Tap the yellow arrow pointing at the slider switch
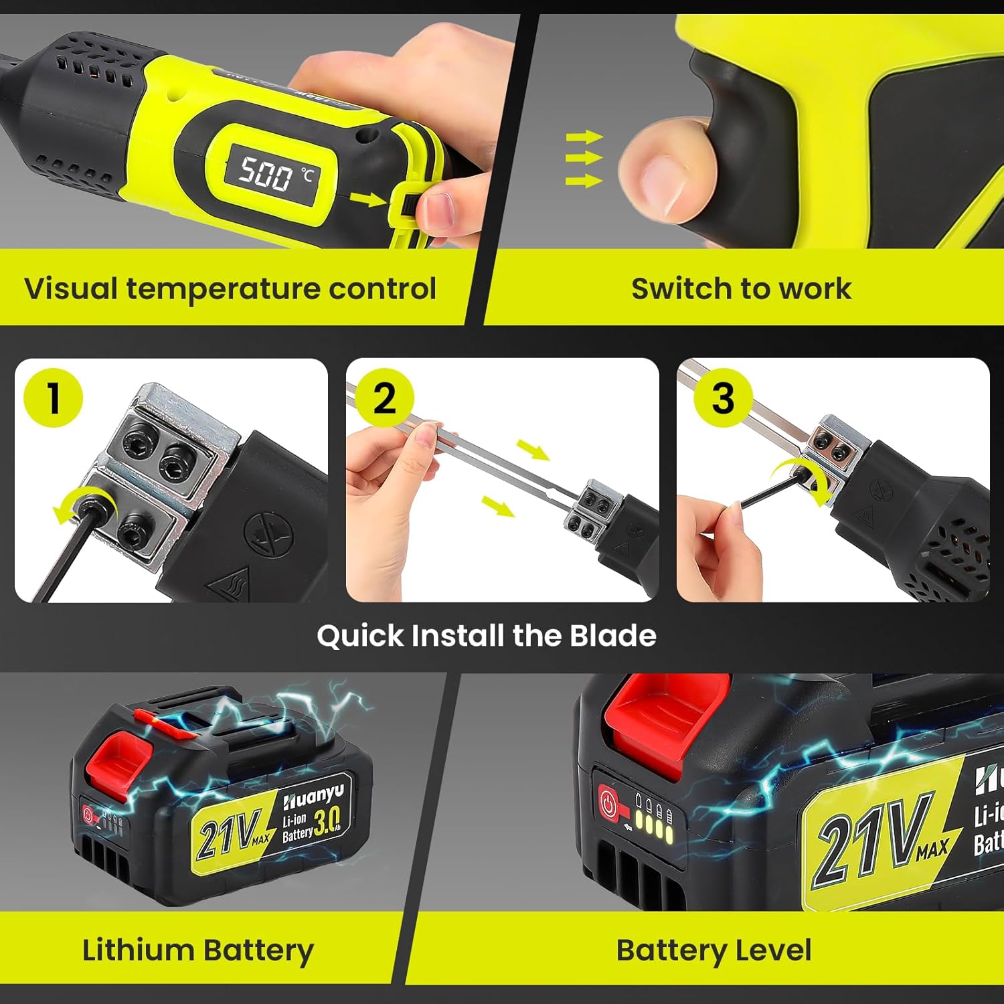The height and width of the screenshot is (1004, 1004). coord(368,199)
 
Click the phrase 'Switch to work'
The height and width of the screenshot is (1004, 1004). coord(741,289)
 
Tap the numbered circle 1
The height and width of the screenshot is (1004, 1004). coord(54,399)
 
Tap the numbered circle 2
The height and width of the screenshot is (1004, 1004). coord(384,399)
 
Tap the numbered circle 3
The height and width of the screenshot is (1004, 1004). coord(722,399)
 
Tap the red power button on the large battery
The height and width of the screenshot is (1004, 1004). coord(608,803)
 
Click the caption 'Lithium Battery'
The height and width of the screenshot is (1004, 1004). coord(197,950)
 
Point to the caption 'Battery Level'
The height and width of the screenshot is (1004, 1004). coord(714,950)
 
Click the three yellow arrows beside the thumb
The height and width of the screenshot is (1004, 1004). coord(584,159)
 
